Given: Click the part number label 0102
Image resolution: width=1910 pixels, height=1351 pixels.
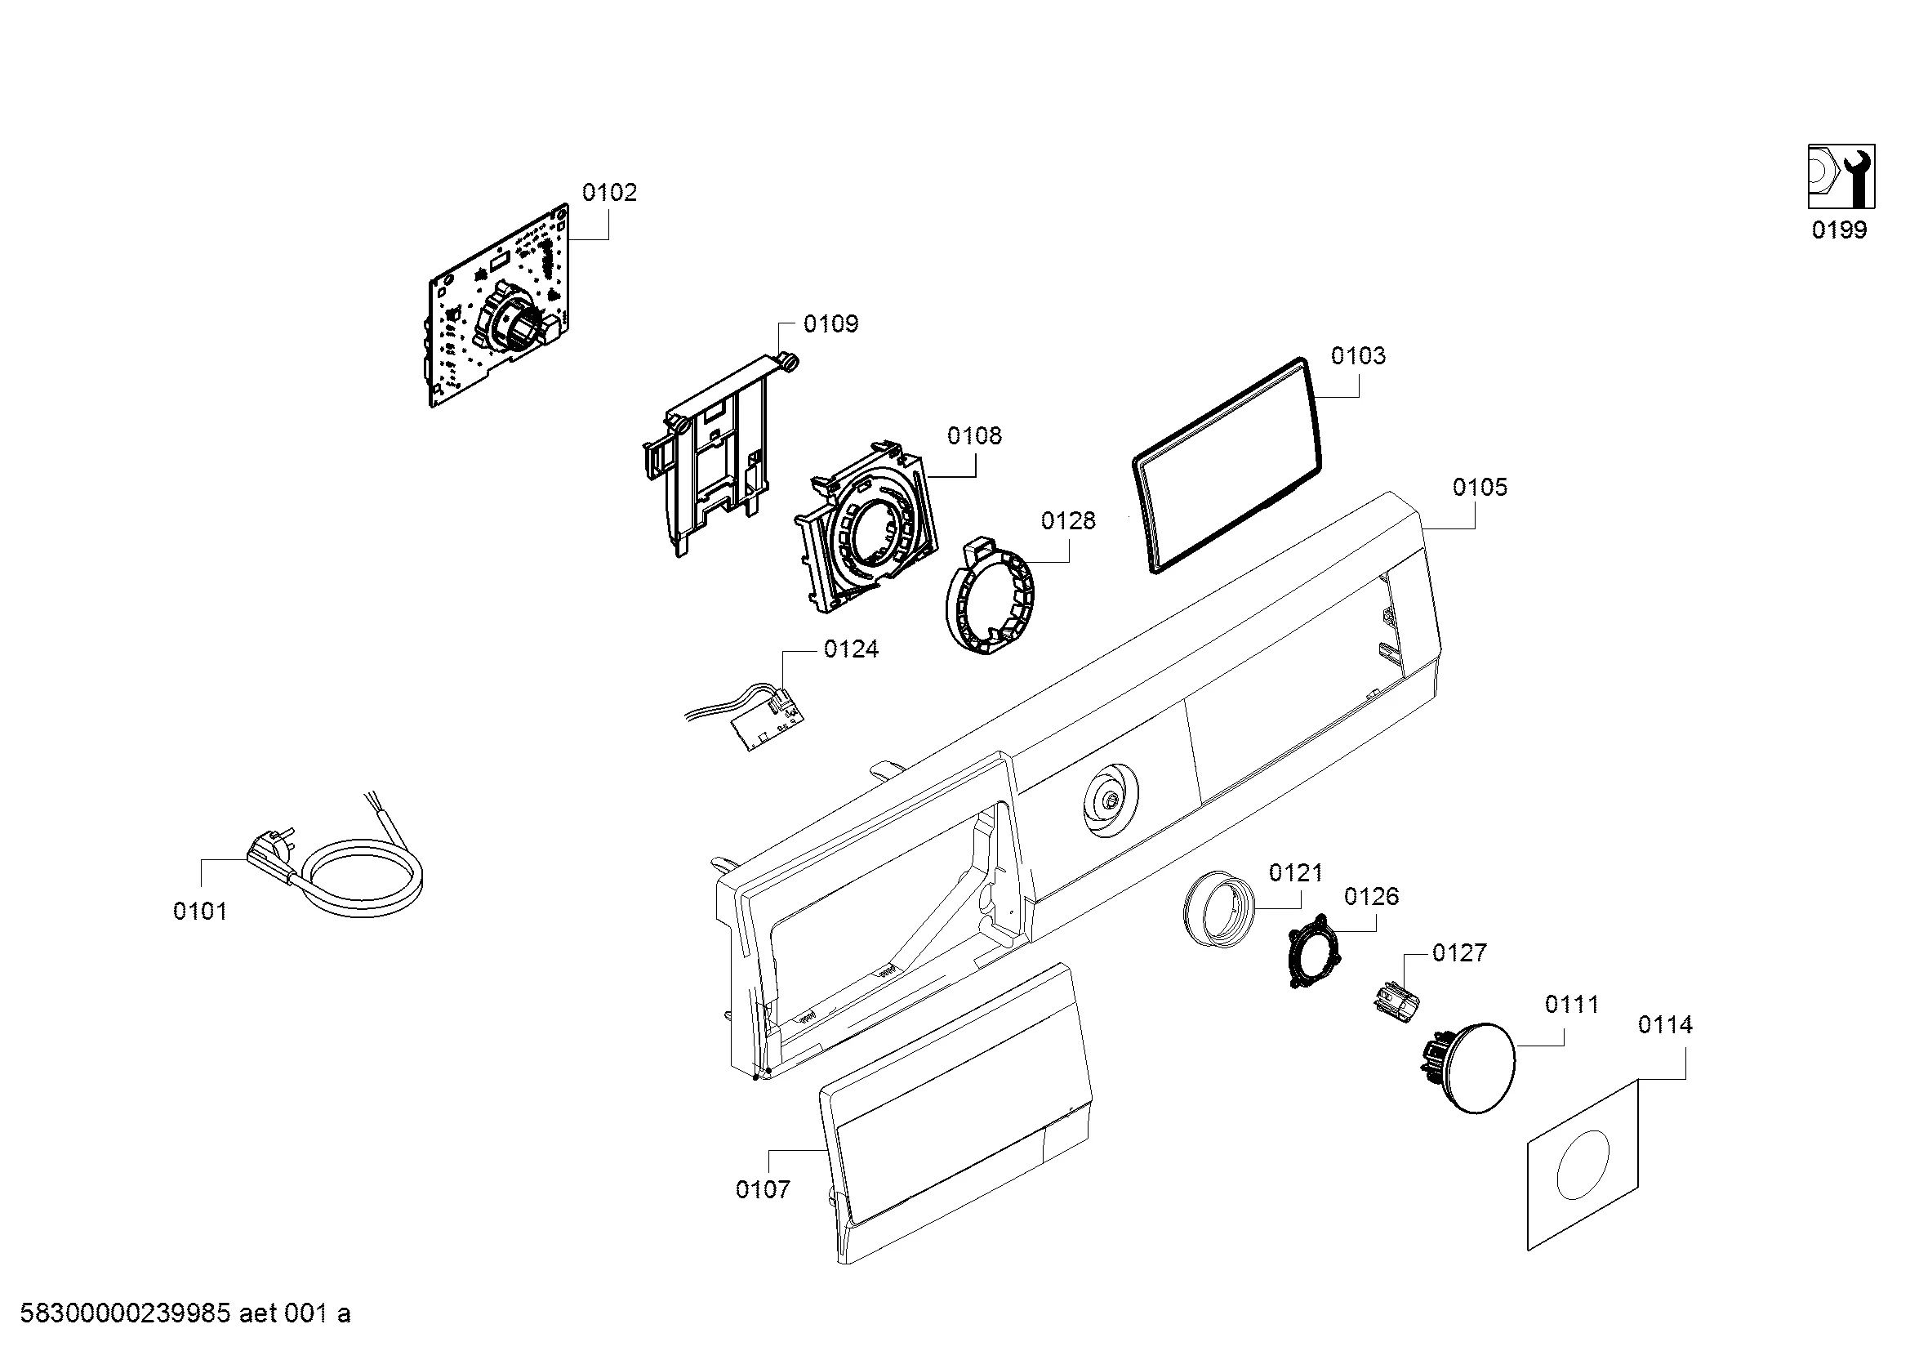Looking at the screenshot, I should tap(609, 193).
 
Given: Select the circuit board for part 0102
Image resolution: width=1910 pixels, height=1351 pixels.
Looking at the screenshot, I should tap(499, 308).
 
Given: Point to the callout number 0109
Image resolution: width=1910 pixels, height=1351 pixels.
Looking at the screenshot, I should tap(830, 323).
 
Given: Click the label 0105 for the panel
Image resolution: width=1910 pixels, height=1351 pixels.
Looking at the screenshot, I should tap(1479, 487).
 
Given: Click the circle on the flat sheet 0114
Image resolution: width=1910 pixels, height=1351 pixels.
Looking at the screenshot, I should tap(1583, 1165).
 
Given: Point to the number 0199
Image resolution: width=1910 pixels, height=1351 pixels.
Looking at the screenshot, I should tap(1838, 230).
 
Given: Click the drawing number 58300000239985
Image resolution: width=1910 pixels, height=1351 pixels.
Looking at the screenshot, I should tap(125, 1313).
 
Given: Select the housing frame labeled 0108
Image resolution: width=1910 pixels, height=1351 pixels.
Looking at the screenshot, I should tap(865, 533).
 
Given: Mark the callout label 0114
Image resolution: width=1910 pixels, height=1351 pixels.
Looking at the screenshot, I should tap(1664, 1025).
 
